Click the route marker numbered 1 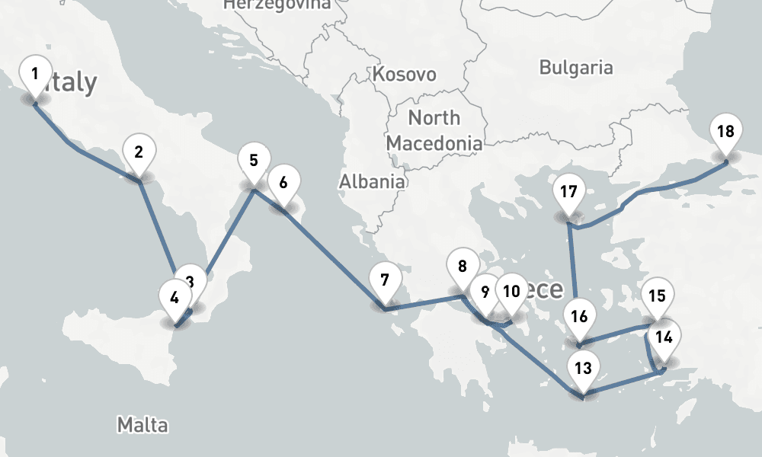(x=34, y=74)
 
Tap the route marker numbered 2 (x=139, y=152)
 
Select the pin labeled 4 (x=174, y=298)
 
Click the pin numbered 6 (x=283, y=183)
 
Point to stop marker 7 (x=385, y=280)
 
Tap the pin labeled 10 (x=511, y=291)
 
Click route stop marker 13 (x=583, y=369)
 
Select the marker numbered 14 (x=664, y=337)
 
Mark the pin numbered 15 (x=657, y=297)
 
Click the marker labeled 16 (x=580, y=317)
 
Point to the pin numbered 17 (x=568, y=192)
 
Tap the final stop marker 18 (x=725, y=132)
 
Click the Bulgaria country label (x=575, y=67)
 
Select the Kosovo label (x=405, y=75)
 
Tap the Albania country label (x=372, y=181)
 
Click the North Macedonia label (x=434, y=130)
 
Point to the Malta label (x=142, y=424)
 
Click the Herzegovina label (x=277, y=5)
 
